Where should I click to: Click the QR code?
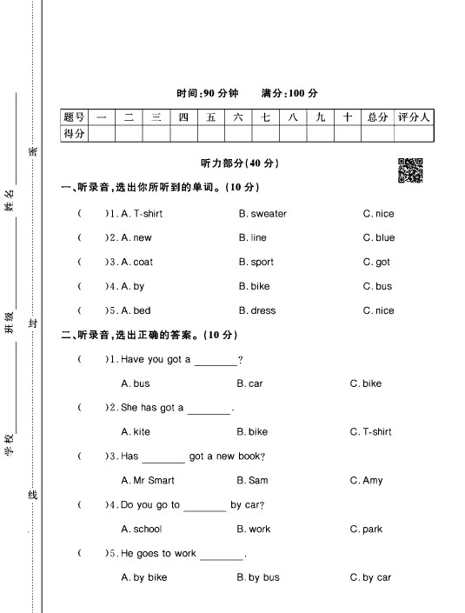(409, 171)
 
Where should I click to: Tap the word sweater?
(262, 214)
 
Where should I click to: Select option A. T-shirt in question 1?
(142, 214)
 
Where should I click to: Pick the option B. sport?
(256, 262)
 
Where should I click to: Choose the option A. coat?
(137, 262)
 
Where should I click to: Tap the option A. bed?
(136, 310)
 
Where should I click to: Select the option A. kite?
(136, 432)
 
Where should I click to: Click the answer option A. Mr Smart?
(148, 480)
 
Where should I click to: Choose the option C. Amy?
(366, 480)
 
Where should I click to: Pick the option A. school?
(142, 529)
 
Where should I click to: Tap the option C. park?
(366, 529)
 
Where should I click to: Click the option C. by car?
(370, 577)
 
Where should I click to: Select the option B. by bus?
(258, 577)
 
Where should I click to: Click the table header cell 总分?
(377, 117)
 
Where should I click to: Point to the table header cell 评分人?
(413, 117)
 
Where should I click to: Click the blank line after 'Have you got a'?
(215, 361)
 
